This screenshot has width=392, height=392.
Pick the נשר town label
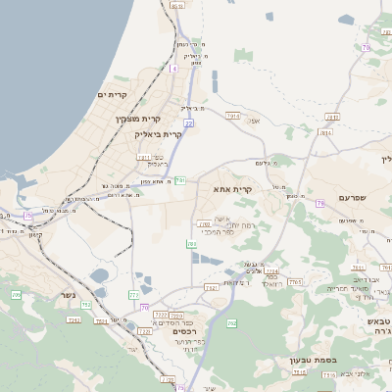point(68,319)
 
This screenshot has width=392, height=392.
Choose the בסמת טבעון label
point(314,360)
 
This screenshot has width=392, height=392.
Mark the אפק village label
point(254,121)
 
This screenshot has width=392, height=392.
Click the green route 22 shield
point(188,123)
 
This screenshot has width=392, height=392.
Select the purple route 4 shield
point(174,69)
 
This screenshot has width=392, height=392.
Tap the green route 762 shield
point(232,322)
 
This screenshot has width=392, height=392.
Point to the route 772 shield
point(134,294)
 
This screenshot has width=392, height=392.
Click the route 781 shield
point(180,181)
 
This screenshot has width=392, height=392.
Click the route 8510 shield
point(176,6)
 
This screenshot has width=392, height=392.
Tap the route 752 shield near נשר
point(86,306)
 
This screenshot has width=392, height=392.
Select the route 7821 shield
point(211,287)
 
